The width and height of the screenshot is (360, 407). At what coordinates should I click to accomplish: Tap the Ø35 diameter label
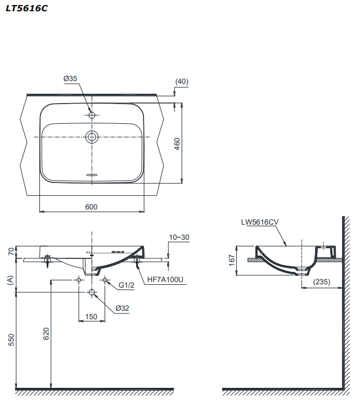[70, 79]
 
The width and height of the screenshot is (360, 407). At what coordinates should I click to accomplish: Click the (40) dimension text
[182, 82]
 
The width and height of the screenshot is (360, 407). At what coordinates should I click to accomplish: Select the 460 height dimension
[177, 144]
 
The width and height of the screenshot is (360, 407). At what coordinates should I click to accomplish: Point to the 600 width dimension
[91, 207]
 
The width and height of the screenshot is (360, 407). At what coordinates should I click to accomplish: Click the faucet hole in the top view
[92, 115]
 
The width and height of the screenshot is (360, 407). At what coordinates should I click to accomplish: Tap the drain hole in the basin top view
[92, 136]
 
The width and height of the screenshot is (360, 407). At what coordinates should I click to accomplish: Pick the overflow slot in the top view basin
[92, 175]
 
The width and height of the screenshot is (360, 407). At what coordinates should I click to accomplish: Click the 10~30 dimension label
[179, 238]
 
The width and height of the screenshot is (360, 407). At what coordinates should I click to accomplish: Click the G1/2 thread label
[127, 285]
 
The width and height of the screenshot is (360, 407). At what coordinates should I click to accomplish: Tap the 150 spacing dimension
[92, 316]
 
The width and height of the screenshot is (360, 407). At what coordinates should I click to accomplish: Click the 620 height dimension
[47, 334]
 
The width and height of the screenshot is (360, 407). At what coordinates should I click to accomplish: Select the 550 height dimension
[11, 339]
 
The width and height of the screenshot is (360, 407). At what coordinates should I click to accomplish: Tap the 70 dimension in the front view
[11, 252]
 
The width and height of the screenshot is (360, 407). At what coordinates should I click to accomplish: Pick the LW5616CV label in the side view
[260, 222]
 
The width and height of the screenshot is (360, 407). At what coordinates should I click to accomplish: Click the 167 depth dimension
[232, 260]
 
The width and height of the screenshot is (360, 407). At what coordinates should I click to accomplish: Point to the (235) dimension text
[322, 281]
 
